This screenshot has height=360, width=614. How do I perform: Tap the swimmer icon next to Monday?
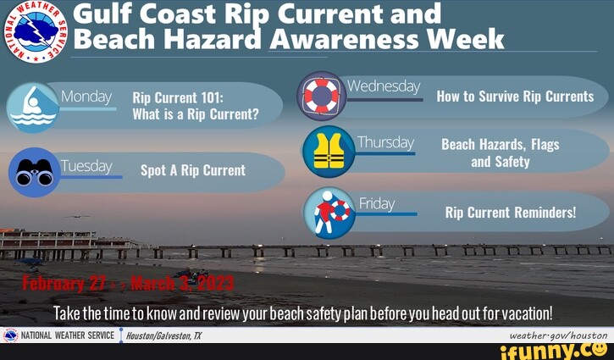[x=32, y=108]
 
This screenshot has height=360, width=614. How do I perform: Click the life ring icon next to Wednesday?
[x=322, y=96]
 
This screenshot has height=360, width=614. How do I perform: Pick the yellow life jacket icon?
[x=329, y=152]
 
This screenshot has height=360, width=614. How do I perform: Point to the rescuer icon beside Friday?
[x=329, y=211]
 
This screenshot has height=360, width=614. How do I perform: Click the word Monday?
[x=86, y=97]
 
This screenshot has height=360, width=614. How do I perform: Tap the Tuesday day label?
[x=86, y=166]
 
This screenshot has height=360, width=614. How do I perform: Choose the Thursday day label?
[x=385, y=142]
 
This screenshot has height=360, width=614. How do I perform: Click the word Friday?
[x=377, y=203]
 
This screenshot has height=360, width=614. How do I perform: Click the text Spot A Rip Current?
[x=192, y=170]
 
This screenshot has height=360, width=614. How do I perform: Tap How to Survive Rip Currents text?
[x=515, y=97]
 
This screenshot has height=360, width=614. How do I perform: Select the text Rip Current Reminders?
[x=510, y=213]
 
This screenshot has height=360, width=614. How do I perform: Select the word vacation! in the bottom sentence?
[x=524, y=313]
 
